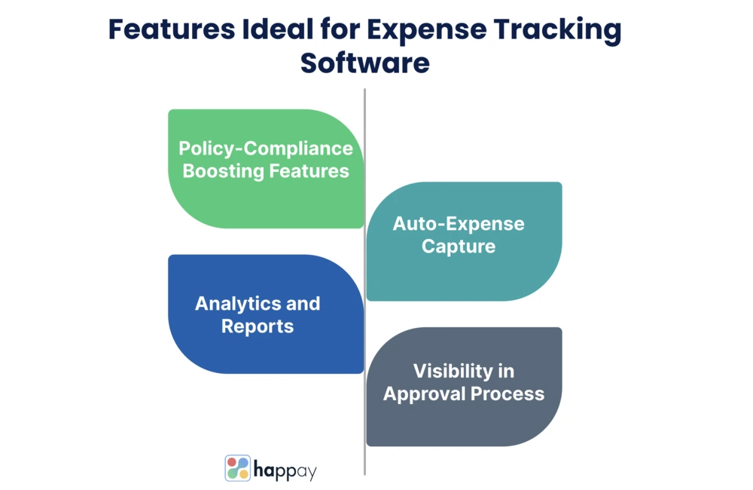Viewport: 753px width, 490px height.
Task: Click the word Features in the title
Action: tap(172, 29)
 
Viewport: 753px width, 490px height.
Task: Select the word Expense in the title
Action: tap(427, 30)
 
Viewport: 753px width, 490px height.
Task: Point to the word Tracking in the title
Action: tap(557, 30)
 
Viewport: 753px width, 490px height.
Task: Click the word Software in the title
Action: tap(365, 63)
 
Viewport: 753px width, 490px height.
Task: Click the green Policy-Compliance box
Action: tap(266, 169)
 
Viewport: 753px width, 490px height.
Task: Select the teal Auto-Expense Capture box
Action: tap(464, 241)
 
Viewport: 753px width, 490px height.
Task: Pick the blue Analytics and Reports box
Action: tap(266, 314)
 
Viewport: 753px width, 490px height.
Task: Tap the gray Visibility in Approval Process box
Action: tap(464, 387)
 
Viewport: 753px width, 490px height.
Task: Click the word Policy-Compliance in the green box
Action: tap(266, 149)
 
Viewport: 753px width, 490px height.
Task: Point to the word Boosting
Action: tap(224, 172)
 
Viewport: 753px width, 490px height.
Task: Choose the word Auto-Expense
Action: tap(459, 224)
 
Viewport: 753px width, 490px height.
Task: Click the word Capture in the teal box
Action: tap(459, 247)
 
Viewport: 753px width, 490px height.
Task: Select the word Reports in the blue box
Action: tap(258, 326)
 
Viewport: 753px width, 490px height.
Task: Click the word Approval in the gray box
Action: tap(424, 394)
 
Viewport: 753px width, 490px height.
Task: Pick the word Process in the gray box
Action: tap(508, 394)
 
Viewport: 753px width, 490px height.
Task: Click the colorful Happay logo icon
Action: tap(238, 468)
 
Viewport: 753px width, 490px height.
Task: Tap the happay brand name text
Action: tap(285, 470)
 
